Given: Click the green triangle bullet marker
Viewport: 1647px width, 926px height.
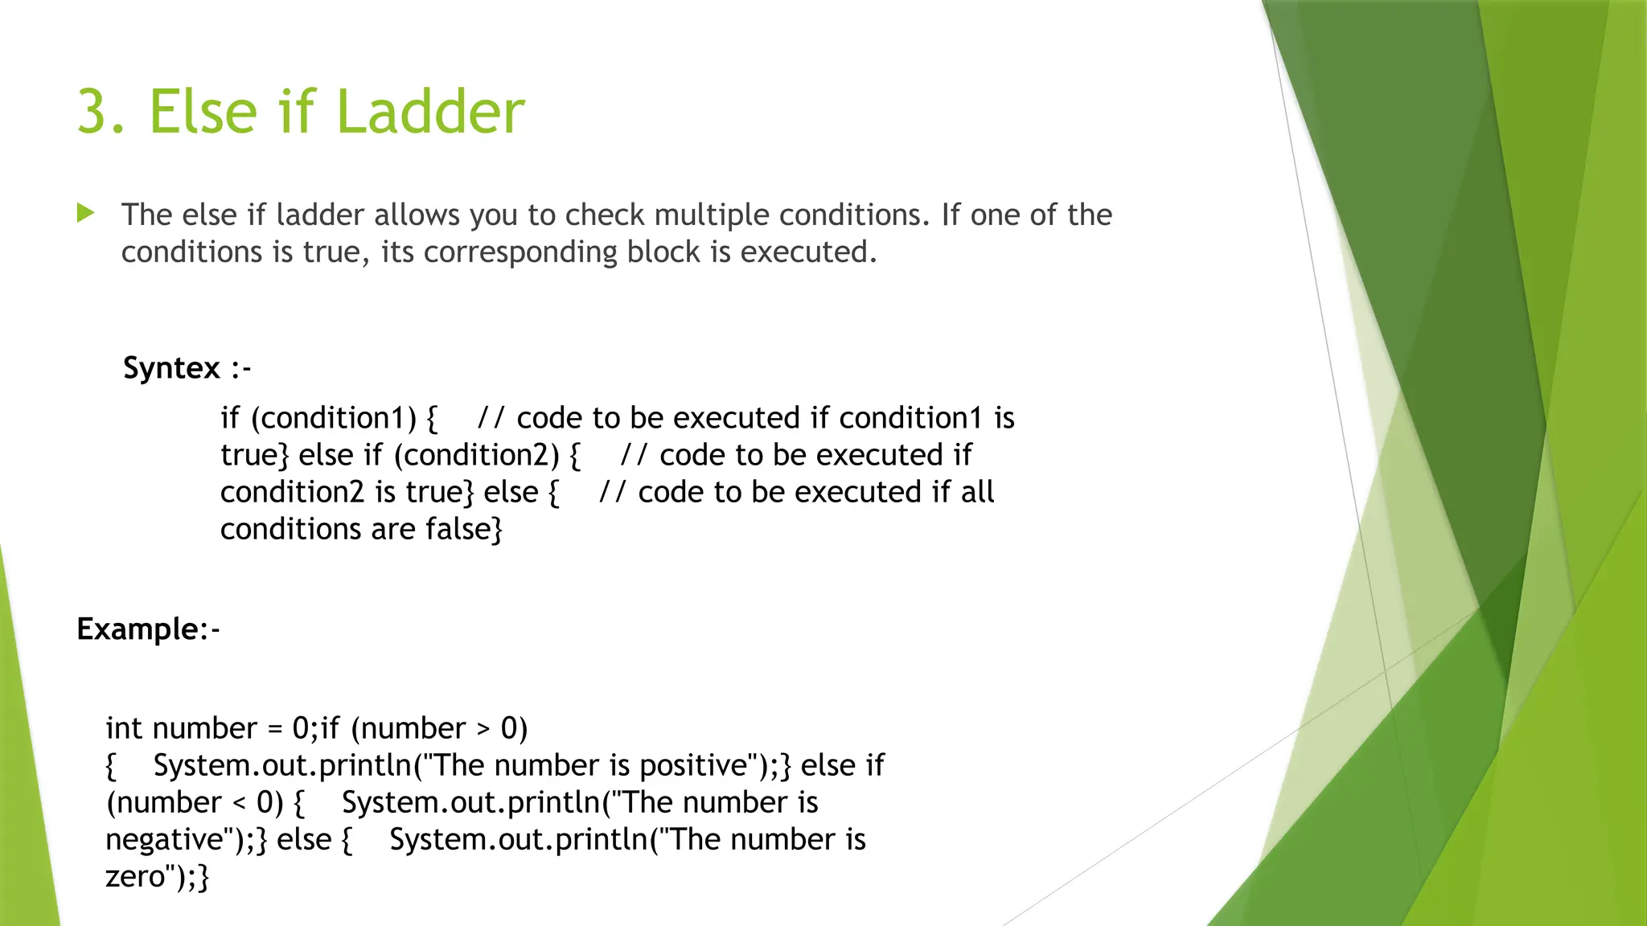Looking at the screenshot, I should tap(85, 213).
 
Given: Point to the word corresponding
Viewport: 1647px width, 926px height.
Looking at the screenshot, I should tap(521, 253).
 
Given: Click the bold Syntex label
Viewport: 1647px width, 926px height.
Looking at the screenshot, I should tap(171, 368).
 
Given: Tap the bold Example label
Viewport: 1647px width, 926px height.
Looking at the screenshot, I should tap(138, 629).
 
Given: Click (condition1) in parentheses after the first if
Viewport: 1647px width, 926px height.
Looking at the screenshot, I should tap(334, 418).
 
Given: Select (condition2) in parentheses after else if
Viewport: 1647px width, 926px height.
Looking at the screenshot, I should tap(476, 455).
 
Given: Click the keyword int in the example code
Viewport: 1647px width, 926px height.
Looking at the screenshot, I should tap(124, 728).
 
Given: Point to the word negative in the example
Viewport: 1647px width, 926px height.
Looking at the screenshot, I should tap(164, 840).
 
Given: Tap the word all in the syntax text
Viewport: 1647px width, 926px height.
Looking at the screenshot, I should tap(977, 492).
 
